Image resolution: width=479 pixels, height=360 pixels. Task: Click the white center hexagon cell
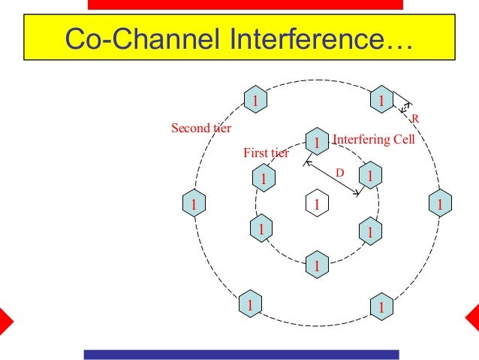(x=317, y=204)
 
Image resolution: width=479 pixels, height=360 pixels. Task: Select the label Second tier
(x=200, y=128)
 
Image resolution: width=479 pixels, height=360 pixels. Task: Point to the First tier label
(x=266, y=153)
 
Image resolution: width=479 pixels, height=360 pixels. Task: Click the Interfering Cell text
(x=373, y=140)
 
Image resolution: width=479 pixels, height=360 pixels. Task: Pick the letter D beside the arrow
(x=339, y=173)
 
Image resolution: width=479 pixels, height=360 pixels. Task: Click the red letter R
(x=416, y=118)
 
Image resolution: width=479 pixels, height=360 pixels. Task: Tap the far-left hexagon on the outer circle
(x=194, y=203)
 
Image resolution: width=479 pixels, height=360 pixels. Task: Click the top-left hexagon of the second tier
(x=255, y=99)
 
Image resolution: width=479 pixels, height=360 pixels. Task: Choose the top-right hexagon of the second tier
(x=381, y=99)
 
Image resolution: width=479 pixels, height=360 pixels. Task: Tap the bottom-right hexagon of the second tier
(x=381, y=307)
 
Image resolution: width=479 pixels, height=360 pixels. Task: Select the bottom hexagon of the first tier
(x=317, y=265)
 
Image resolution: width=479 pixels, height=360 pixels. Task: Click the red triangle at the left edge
(x=5, y=320)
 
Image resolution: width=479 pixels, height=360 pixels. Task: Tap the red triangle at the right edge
(x=473, y=320)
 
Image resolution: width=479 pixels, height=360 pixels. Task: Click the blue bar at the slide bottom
(x=241, y=354)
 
